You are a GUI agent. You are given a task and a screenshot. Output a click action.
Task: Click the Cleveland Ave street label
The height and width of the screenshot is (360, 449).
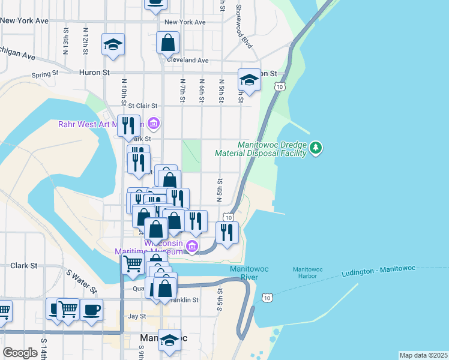(187, 61)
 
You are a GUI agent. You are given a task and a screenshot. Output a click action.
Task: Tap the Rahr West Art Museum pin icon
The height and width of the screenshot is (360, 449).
(154, 124)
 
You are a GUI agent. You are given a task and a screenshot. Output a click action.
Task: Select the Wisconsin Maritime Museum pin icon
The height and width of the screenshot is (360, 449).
(192, 245)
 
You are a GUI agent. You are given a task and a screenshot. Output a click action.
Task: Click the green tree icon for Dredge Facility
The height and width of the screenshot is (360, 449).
(316, 147)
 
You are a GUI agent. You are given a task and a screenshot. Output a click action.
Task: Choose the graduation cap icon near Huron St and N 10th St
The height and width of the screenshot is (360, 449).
(113, 45)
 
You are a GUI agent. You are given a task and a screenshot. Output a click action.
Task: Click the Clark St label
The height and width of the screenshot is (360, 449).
(23, 265)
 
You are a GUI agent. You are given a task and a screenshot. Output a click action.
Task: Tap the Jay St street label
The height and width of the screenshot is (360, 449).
(137, 316)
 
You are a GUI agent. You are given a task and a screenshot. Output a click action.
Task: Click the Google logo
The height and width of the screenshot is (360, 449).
(20, 353)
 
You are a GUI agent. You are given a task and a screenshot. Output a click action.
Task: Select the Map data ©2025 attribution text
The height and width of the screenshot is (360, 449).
(423, 355)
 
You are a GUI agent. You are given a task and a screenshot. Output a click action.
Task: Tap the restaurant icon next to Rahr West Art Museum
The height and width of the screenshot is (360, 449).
(128, 125)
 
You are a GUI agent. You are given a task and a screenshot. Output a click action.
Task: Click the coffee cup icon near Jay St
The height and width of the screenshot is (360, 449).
(91, 310)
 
